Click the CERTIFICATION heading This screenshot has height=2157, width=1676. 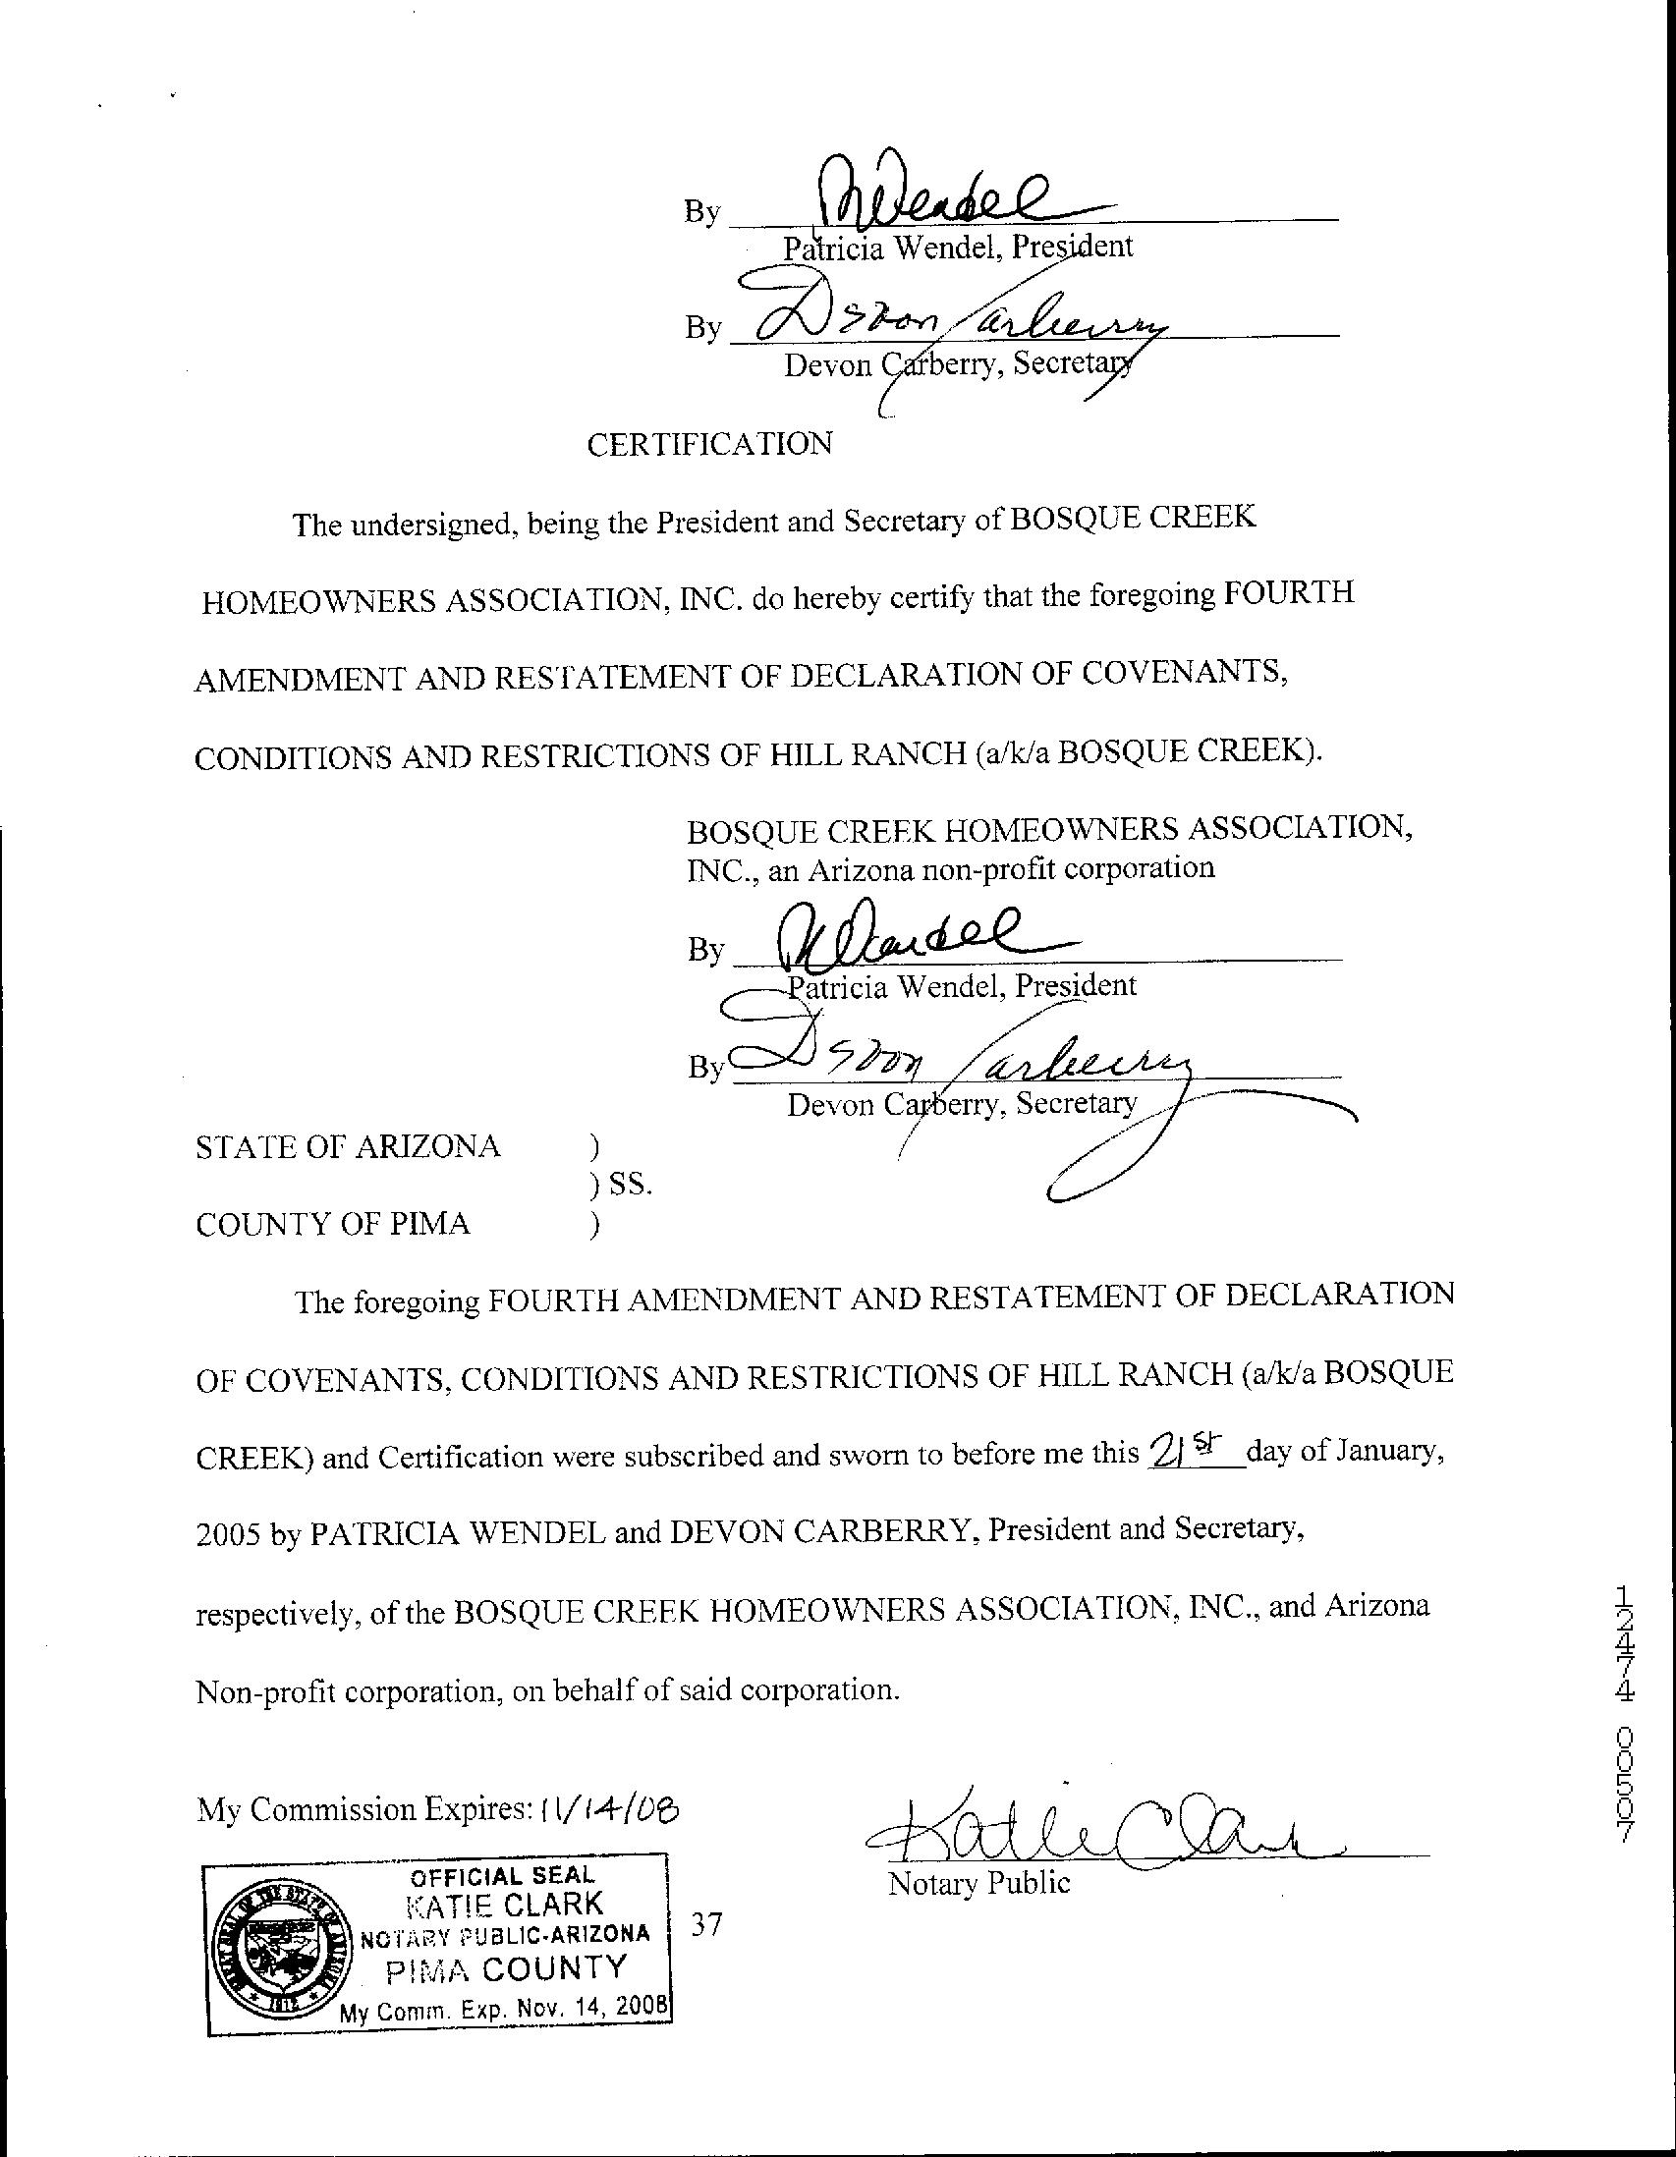point(709,444)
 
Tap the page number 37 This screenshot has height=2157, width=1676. point(706,1924)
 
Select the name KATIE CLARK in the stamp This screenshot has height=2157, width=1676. point(506,1904)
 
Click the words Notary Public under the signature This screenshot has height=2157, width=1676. point(978,1883)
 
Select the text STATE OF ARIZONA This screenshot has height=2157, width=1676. point(348,1146)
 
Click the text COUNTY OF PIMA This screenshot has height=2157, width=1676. point(333,1225)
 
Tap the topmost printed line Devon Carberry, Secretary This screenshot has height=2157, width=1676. point(955,365)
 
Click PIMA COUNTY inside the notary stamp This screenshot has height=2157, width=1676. point(506,1968)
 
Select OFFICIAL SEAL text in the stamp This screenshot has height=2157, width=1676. point(502,1876)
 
